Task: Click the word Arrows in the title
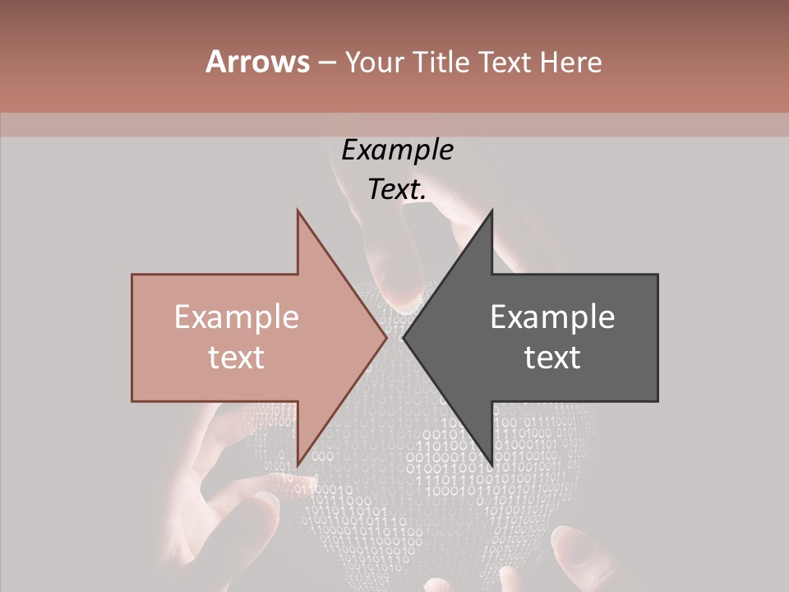(x=257, y=62)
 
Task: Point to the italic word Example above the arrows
(x=397, y=150)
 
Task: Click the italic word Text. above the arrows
(x=397, y=189)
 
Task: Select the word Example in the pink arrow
(x=236, y=317)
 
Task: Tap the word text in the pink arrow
(x=236, y=358)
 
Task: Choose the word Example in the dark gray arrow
(x=552, y=317)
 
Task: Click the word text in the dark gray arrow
(x=552, y=358)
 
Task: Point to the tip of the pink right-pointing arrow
(x=386, y=337)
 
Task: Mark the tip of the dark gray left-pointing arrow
(x=404, y=337)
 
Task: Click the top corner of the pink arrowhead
(x=298, y=210)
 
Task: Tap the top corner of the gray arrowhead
(x=491, y=210)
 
